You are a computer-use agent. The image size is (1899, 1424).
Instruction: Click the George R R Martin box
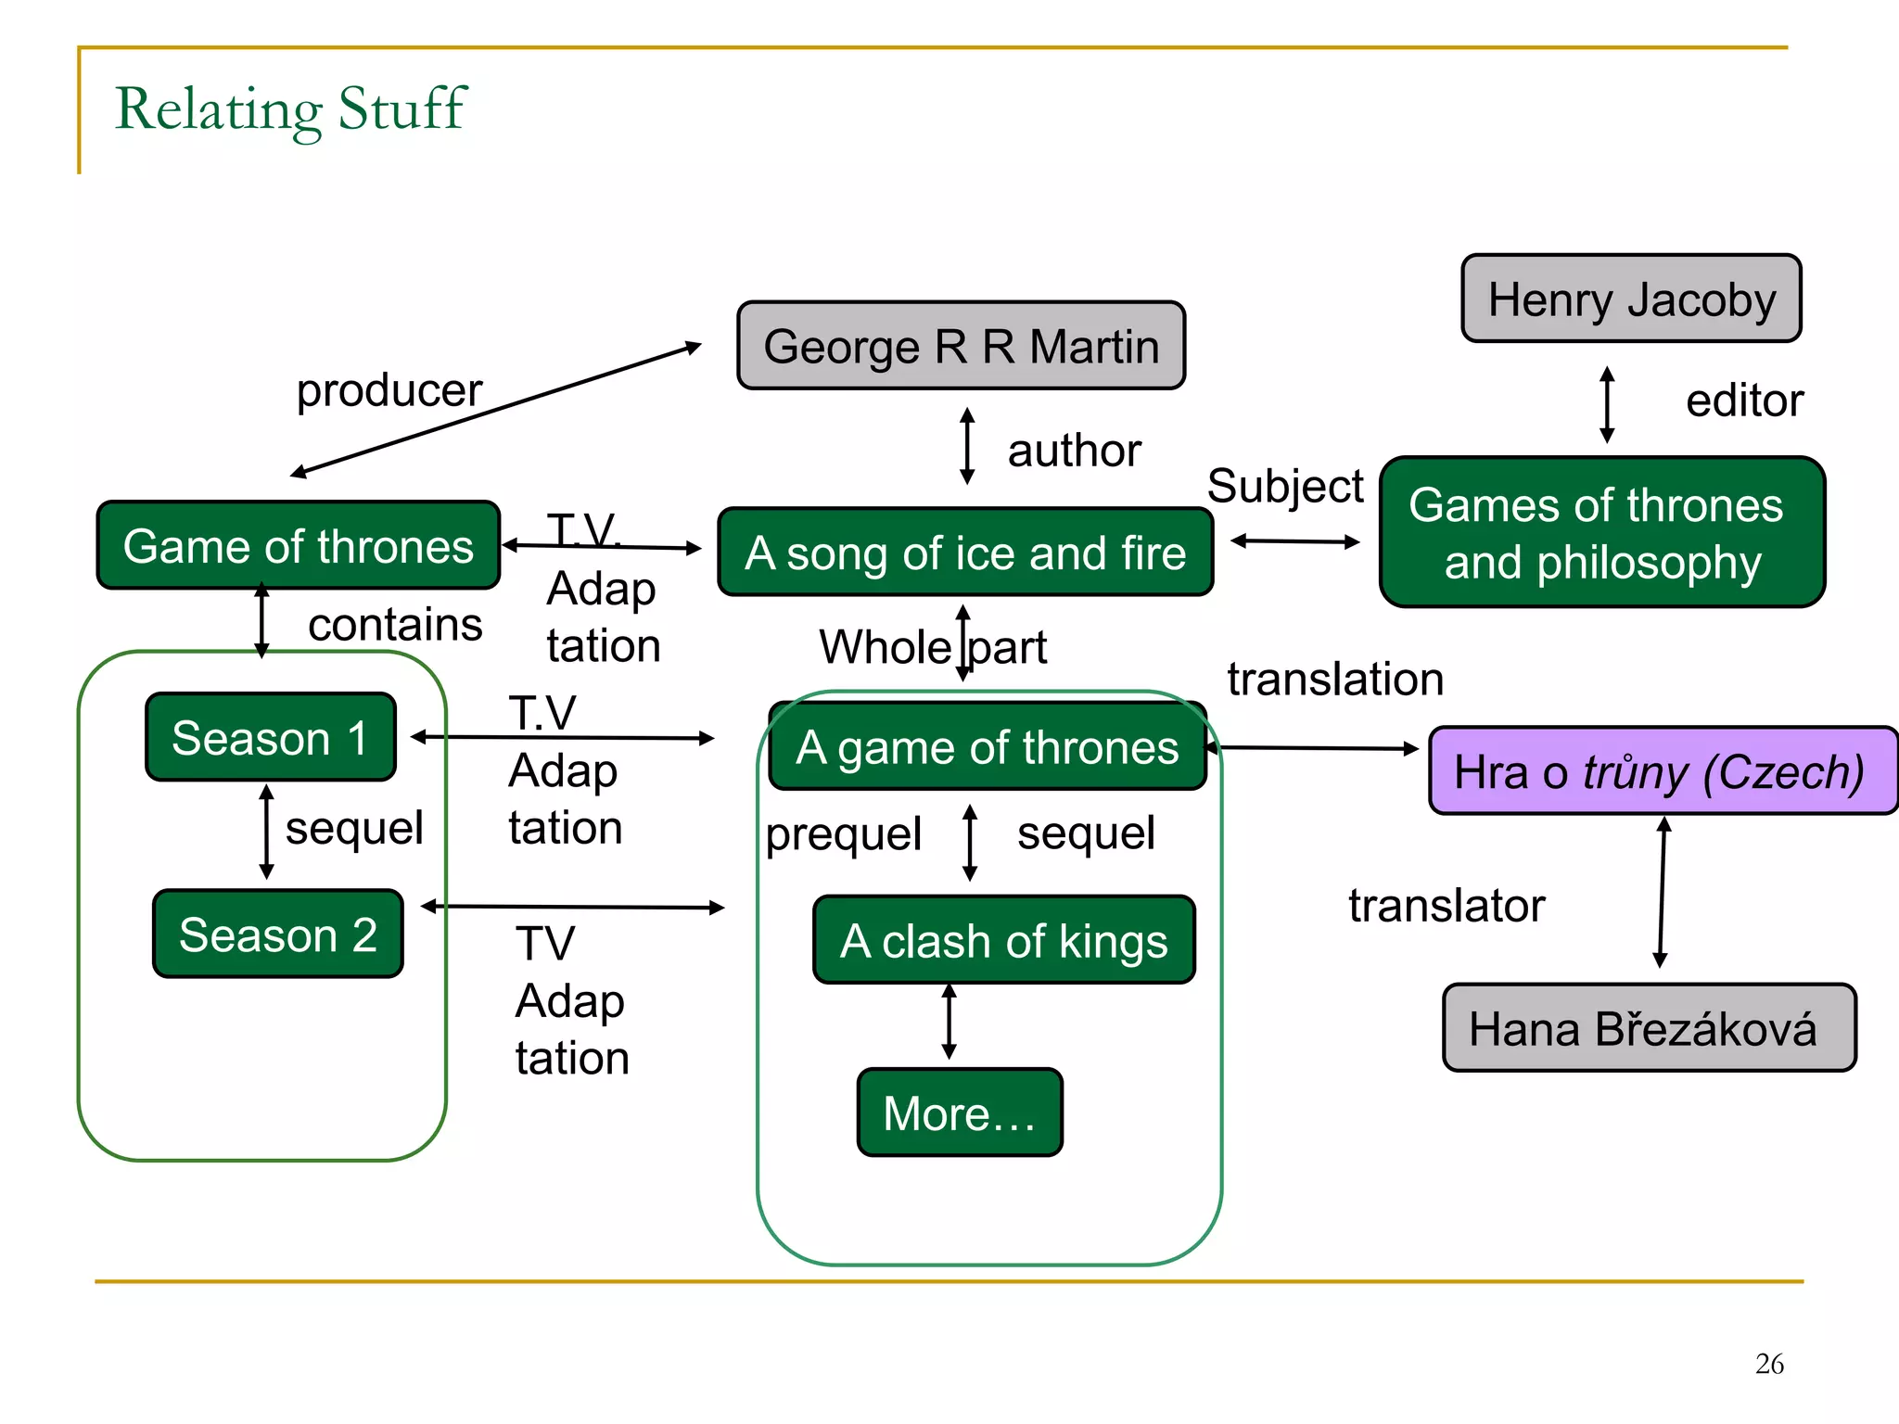pos(961,346)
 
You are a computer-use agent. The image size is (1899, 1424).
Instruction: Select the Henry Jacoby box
pos(1631,299)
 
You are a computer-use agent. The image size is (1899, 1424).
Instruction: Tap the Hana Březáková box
pos(1649,1028)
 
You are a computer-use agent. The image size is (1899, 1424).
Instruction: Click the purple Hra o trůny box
pos(1662,771)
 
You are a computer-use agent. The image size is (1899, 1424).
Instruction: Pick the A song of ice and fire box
pos(964,553)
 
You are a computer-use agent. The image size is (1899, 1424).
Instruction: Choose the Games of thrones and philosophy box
pos(1601,533)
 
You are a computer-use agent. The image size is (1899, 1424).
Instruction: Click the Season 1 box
pos(271,738)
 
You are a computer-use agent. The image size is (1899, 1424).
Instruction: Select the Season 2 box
pos(277,934)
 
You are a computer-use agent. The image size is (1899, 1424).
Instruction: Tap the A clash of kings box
pos(1003,940)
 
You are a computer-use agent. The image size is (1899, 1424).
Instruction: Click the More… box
pos(959,1112)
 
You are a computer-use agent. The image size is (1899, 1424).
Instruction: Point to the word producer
pos(389,389)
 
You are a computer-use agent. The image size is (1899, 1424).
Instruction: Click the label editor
pos(1743,400)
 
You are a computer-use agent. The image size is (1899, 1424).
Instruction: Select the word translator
pos(1446,905)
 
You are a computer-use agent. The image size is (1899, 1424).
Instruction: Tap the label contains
pos(395,624)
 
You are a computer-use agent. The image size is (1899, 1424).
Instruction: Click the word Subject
pos(1284,486)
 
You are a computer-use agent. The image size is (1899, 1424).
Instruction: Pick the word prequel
pos(843,833)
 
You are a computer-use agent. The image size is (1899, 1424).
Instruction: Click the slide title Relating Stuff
pos(290,108)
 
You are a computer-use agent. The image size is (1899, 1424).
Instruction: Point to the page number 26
pos(1768,1363)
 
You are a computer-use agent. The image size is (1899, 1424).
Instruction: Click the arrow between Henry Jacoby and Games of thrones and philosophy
pos(1607,404)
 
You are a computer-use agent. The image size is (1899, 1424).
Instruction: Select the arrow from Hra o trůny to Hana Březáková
pos(1662,892)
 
